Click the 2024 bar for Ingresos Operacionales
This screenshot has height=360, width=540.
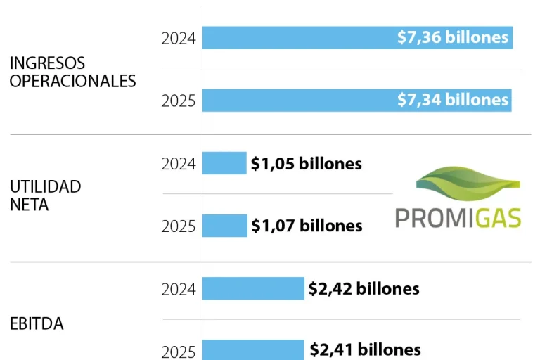tap(295, 38)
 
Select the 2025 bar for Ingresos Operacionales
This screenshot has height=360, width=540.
tap(295, 101)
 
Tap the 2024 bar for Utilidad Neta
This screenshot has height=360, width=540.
tap(224, 163)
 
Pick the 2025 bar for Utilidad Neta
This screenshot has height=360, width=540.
tap(224, 226)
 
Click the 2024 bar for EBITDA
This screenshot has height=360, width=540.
tap(253, 288)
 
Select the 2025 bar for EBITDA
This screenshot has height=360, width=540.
tap(253, 349)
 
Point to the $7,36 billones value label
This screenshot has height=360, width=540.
tap(452, 38)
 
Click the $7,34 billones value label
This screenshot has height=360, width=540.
tap(452, 101)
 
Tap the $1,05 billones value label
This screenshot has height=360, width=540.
tap(307, 164)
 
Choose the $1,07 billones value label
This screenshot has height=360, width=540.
tap(307, 226)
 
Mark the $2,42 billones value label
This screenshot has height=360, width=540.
tap(364, 288)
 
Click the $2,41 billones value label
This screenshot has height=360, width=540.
tap(364, 349)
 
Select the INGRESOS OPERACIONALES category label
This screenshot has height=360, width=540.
tap(72, 72)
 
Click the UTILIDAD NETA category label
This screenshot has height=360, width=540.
tap(45, 195)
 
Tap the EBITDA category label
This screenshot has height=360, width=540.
tap(37, 324)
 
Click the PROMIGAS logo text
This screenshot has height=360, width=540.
tap(458, 217)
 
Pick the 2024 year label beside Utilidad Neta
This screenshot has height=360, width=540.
tap(179, 164)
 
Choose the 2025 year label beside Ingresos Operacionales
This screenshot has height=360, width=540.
tap(179, 101)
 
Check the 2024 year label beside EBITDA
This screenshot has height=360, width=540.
tap(179, 289)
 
